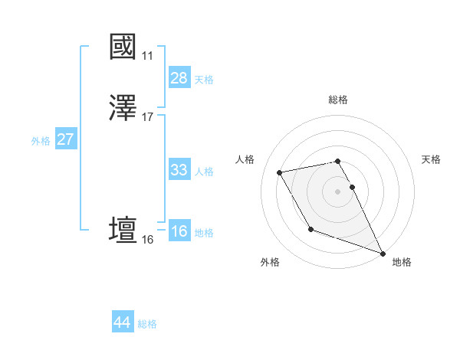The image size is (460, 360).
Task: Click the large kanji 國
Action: point(123,47)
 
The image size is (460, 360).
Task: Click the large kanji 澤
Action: point(123,110)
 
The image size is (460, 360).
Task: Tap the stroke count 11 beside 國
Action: point(147,56)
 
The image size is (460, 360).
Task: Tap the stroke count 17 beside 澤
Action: point(148,117)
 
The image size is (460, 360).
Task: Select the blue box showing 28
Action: point(179,78)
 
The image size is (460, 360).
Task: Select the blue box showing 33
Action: point(179,170)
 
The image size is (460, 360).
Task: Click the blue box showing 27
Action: point(66,139)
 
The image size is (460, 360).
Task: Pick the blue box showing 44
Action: point(122,322)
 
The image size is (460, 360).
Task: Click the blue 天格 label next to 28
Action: point(204,79)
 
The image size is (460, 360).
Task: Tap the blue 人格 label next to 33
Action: point(204,171)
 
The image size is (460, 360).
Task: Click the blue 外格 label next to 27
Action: point(41,140)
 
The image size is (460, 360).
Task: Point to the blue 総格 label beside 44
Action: point(147,324)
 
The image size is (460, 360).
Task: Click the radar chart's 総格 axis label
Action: point(338,100)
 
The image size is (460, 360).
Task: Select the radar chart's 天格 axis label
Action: point(431,159)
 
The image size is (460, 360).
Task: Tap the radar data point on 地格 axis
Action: point(383,253)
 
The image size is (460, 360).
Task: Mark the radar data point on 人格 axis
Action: point(280,172)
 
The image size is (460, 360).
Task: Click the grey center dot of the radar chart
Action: point(337,191)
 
